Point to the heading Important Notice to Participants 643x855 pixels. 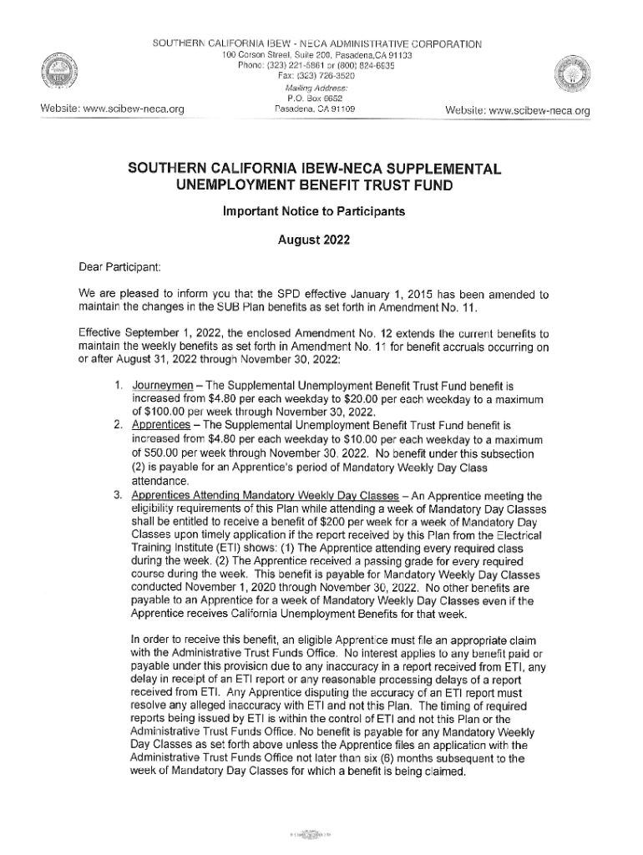pyautogui.click(x=313, y=211)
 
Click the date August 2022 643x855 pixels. pyautogui.click(x=313, y=240)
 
